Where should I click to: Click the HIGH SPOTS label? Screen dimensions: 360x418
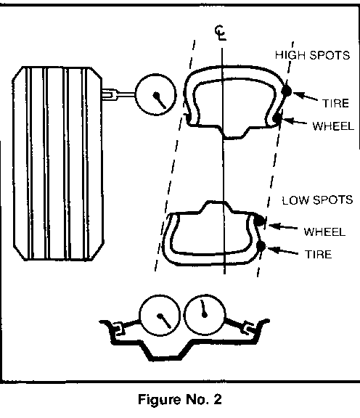pyautogui.click(x=312, y=55)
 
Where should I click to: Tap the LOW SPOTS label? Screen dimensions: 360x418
pyautogui.click(x=317, y=200)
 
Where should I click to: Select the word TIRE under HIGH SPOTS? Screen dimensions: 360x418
pyautogui.click(x=335, y=103)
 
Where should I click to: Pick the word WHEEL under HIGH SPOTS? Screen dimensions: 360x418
pyautogui.click(x=333, y=126)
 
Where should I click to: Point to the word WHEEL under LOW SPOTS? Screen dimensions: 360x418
pyautogui.click(x=324, y=231)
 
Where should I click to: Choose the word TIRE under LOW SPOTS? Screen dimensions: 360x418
pyautogui.click(x=318, y=254)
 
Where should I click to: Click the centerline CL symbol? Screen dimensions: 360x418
pyautogui.click(x=221, y=33)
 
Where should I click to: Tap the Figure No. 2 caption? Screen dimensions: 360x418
pyautogui.click(x=180, y=399)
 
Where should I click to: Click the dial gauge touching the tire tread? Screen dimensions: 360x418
pyautogui.click(x=155, y=94)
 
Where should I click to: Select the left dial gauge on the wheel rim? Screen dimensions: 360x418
pyautogui.click(x=160, y=315)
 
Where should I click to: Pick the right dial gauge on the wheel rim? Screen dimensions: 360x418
pyautogui.click(x=205, y=314)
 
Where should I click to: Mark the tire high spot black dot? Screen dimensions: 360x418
pyautogui.click(x=287, y=91)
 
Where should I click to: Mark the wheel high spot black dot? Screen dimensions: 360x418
pyautogui.click(x=277, y=118)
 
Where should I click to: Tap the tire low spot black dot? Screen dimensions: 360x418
pyautogui.click(x=261, y=246)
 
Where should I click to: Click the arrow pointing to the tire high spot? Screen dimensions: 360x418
pyautogui.click(x=306, y=97)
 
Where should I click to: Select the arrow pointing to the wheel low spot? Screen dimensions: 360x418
pyautogui.click(x=283, y=227)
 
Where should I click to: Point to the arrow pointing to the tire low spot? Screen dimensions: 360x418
pyautogui.click(x=282, y=251)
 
